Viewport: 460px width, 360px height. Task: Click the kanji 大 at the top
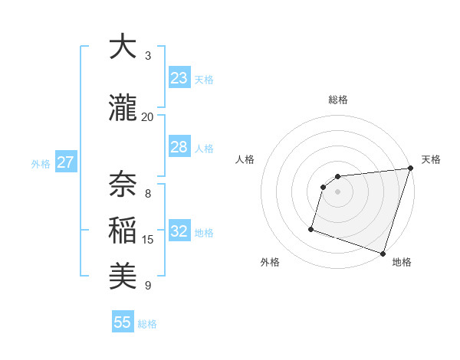point(123,47)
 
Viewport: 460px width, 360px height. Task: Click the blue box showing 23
point(179,78)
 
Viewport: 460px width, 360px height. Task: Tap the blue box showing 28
point(179,147)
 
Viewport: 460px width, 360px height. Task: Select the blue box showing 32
point(179,231)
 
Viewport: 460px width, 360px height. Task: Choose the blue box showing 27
point(65,162)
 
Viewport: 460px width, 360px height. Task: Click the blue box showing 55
point(123,322)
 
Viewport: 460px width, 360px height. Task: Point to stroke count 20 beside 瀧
point(147,116)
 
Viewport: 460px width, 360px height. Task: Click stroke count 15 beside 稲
point(148,240)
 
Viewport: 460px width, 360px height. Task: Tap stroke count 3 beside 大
point(148,56)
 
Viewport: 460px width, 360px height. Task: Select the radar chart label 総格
point(338,100)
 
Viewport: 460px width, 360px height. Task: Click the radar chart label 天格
point(431,159)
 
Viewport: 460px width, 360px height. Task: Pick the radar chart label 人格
point(245,159)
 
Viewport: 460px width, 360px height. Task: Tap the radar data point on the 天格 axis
point(410,169)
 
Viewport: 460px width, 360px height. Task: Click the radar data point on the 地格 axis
point(383,253)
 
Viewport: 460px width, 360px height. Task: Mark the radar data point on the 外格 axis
point(311,228)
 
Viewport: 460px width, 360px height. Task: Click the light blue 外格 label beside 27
point(40,163)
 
